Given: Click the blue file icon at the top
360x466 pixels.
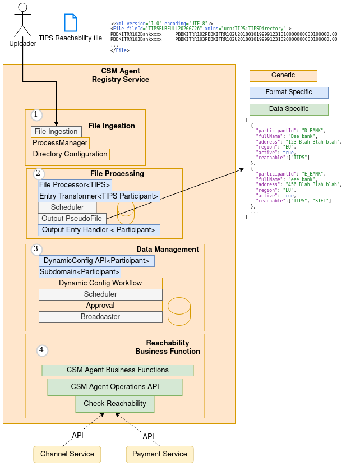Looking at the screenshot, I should tap(71, 22).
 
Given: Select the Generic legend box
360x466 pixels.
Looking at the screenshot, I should tap(283, 76).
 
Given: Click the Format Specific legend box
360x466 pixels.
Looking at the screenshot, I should tap(289, 93).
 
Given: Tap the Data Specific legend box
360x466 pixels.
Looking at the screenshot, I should tap(289, 109).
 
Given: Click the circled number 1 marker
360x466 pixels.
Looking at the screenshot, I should tap(36, 115).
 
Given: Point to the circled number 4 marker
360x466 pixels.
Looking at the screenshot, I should tap(42, 350).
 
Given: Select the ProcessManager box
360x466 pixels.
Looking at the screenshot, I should tap(60, 143).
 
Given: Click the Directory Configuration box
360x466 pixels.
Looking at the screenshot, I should tap(70, 154).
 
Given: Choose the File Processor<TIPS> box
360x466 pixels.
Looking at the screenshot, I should tap(75, 185).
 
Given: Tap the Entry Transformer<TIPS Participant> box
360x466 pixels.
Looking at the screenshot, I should tap(99, 196).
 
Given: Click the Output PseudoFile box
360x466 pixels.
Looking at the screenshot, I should tap(72, 219).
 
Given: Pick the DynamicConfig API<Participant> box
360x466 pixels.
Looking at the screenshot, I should tap(96, 261).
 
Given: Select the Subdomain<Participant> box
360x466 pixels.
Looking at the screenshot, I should tap(80, 272).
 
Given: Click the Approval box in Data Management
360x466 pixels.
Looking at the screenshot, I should tap(100, 306).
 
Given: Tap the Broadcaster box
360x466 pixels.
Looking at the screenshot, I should tap(100, 317).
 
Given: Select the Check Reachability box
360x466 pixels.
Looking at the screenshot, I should tap(115, 404).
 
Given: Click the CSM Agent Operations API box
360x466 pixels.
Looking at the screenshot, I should tap(115, 387).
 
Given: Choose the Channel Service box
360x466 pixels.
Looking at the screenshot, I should tap(67, 454).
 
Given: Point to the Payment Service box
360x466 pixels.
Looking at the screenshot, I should tap(160, 454).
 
